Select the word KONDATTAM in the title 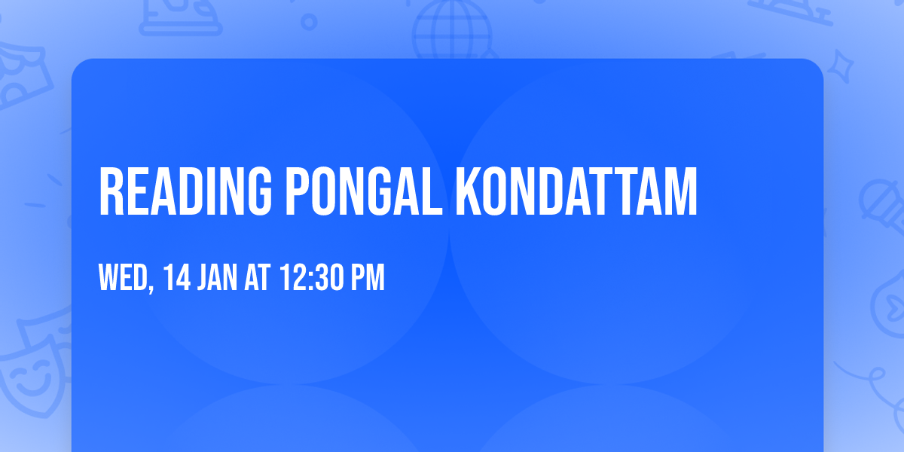coord(576,193)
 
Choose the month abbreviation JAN coord(219,278)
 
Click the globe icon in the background coord(452,30)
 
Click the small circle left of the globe coord(310,22)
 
